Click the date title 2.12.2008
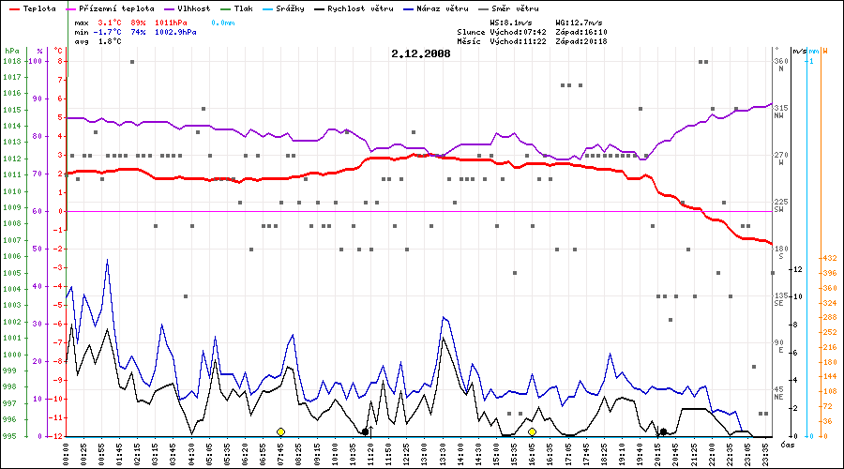pos(421,53)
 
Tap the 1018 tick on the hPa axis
pos(11,61)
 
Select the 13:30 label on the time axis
pos(444,451)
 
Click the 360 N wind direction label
pos(780,62)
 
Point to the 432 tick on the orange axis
pos(828,257)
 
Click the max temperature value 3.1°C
pos(111,21)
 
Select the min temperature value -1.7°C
pos(109,32)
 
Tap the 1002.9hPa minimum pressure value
pos(176,32)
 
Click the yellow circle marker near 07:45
pos(280,431)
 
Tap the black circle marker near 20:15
pos(663,431)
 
